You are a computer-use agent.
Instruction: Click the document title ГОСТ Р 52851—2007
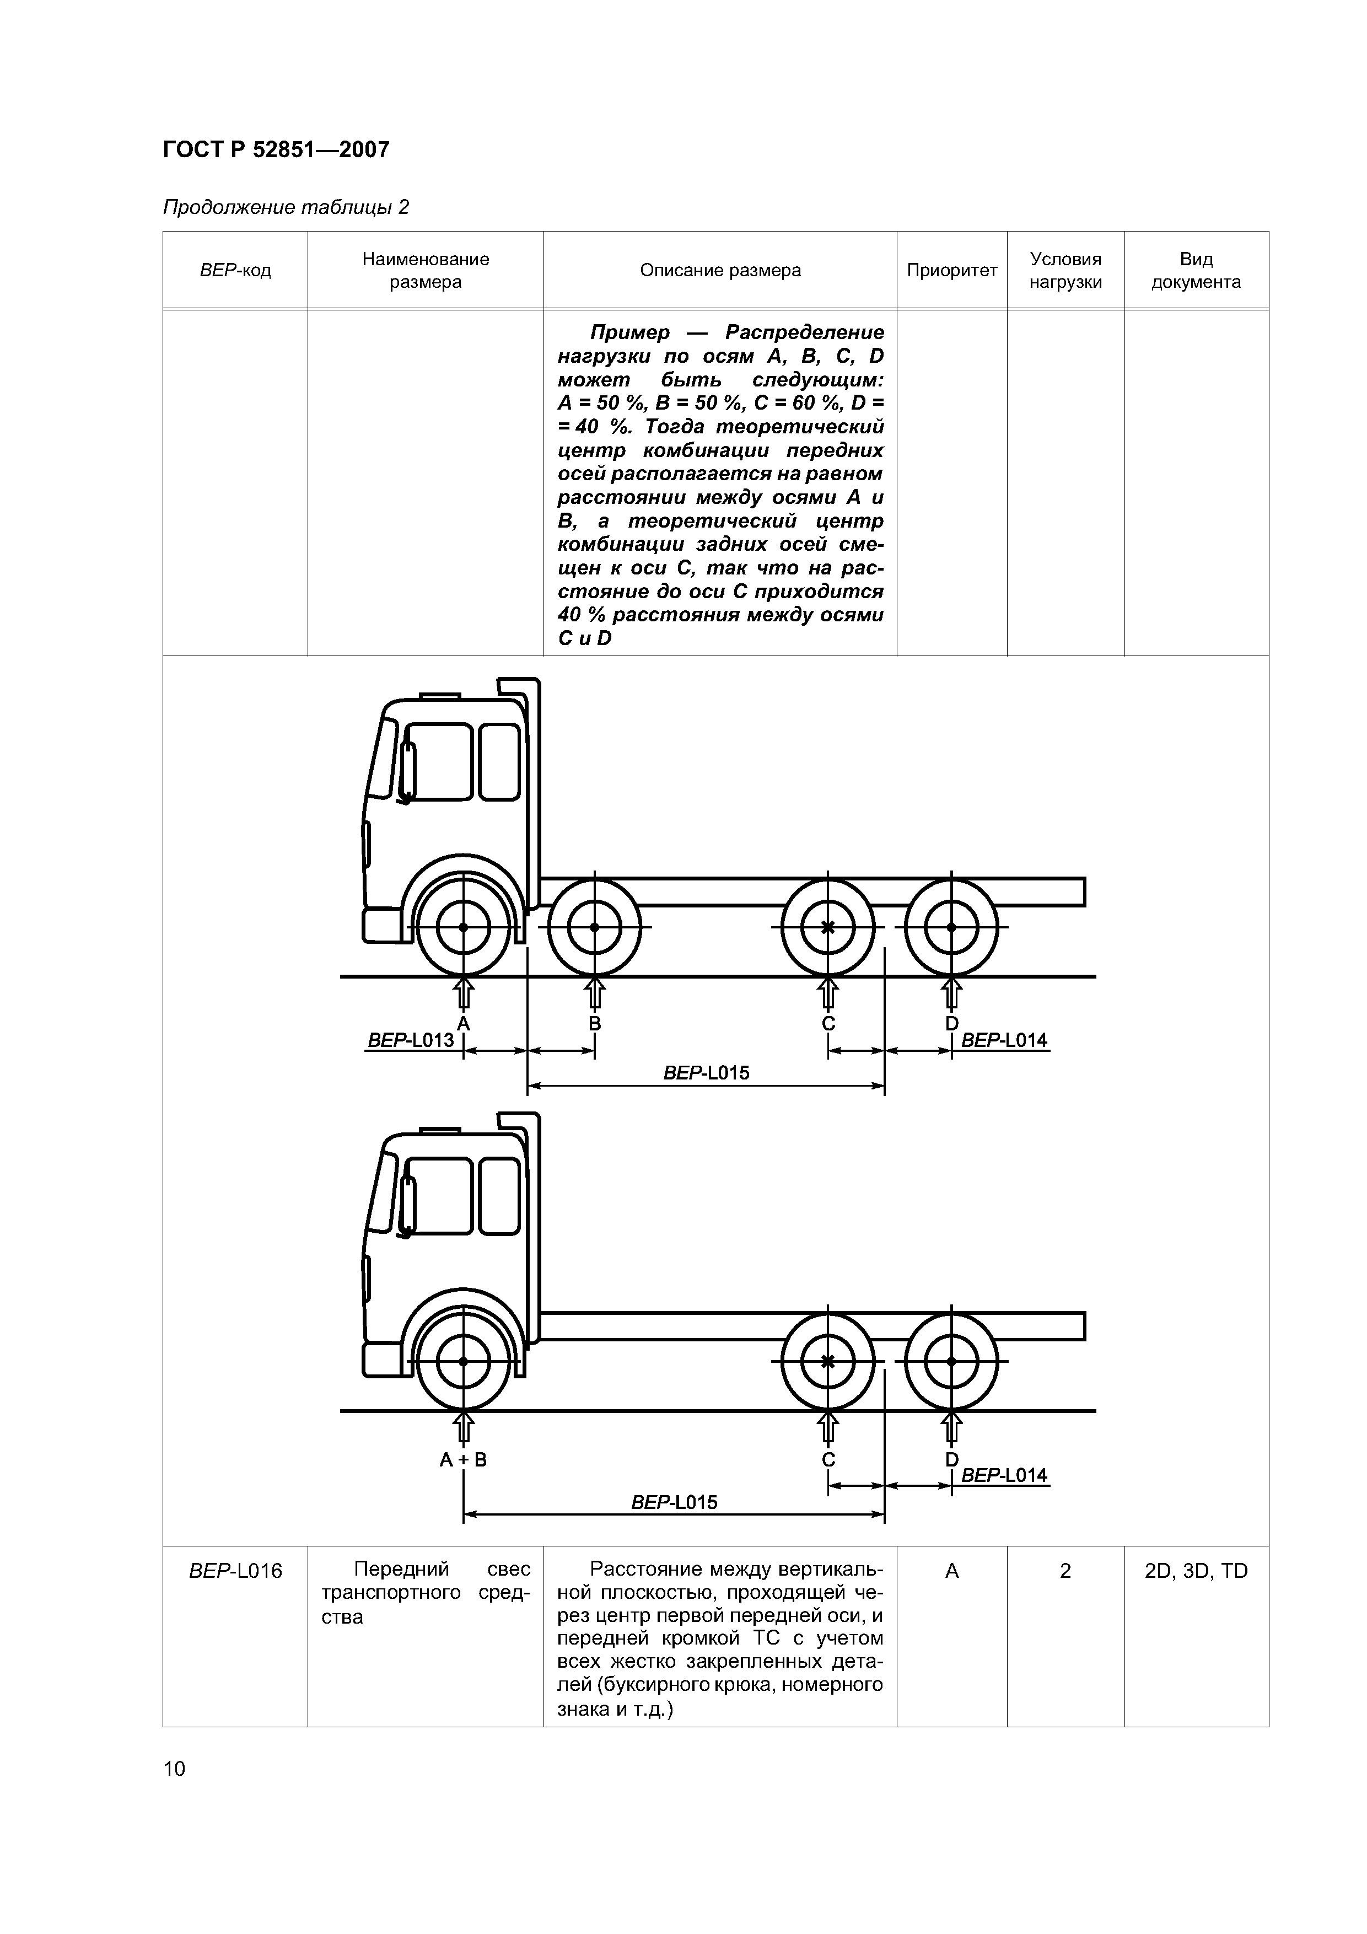276,150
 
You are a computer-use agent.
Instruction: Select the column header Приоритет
952,270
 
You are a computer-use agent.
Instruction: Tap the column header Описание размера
720,270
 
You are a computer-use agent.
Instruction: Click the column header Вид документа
1196,270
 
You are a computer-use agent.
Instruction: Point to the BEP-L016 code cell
236,1571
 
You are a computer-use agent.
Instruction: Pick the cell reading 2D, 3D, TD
1196,1571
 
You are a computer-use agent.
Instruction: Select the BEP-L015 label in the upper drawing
706,1072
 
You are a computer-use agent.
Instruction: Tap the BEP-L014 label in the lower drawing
1004,1475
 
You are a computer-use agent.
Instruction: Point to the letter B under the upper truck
595,1023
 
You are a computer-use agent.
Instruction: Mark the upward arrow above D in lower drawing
952,1428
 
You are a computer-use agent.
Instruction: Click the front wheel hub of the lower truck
463,1361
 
